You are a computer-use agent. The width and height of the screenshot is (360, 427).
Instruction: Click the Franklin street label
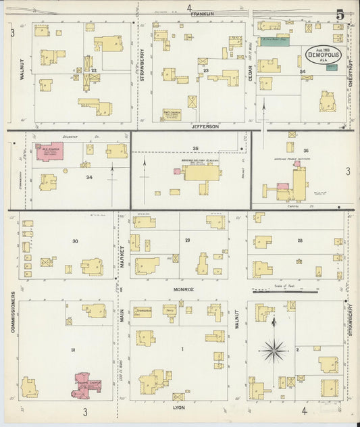[201, 14]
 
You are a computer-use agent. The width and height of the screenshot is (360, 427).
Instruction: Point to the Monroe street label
[184, 289]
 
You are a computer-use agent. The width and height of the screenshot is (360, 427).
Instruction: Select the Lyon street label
[179, 408]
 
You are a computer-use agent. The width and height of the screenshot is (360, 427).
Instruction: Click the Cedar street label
[251, 74]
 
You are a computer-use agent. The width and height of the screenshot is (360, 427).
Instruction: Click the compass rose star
[274, 349]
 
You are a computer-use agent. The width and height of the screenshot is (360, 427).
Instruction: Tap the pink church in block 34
[49, 151]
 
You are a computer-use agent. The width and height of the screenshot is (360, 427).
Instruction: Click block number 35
[196, 147]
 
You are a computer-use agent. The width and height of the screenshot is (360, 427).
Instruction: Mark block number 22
[95, 70]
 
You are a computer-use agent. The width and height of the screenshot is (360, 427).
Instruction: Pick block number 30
[75, 241]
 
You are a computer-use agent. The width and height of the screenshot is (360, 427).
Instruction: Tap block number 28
[299, 240]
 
